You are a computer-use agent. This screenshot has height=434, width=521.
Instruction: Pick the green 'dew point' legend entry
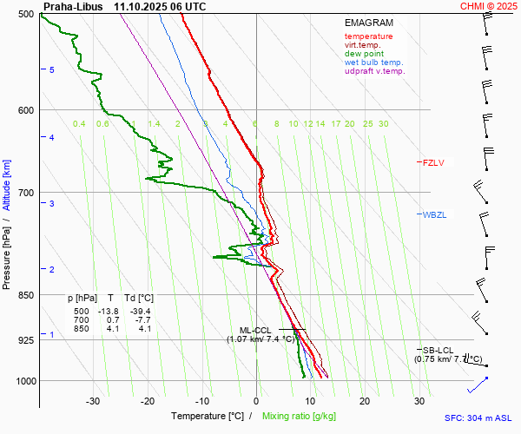pos(365,54)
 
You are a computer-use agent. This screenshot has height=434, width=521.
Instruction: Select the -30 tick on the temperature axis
pos(94,401)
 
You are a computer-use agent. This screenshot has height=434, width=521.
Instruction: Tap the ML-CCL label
pos(256,330)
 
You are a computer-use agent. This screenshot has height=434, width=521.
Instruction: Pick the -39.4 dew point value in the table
pos(140,311)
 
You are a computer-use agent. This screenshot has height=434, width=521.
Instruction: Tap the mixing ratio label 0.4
pos(79,124)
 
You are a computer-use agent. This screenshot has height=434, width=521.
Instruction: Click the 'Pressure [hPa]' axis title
pos(6,253)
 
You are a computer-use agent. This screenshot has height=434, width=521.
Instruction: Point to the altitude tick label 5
pos(52,69)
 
